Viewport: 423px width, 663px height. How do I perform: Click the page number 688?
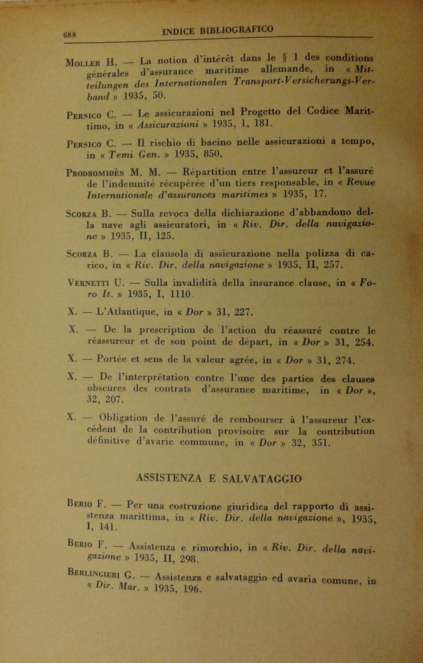point(70,35)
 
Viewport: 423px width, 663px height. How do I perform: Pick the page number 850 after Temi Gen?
point(213,154)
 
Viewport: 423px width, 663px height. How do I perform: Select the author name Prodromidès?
point(95,173)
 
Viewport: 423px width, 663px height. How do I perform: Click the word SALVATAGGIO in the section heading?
point(262,479)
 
